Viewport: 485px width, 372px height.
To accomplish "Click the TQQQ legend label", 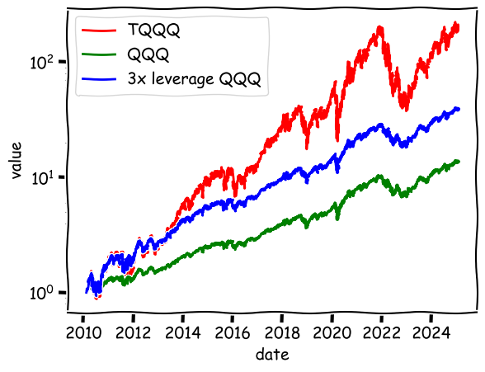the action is click(x=153, y=31).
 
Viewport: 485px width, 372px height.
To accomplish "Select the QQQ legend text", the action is click(x=148, y=54).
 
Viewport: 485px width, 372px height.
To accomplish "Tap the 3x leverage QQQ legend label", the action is click(x=195, y=79).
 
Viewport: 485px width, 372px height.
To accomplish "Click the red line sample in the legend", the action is click(x=99, y=31).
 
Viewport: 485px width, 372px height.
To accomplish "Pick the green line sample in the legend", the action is click(x=99, y=54).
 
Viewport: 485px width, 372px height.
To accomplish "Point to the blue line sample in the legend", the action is click(x=99, y=79).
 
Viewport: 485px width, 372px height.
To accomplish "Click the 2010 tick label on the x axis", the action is click(x=83, y=332).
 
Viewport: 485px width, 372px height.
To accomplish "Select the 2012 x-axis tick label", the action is click(x=133, y=332).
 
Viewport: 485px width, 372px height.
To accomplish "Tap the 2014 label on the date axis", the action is click(x=183, y=332).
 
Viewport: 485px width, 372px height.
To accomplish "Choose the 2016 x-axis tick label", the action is click(x=233, y=332).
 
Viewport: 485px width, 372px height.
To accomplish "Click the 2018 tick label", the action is click(x=282, y=332).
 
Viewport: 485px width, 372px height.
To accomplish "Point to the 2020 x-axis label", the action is click(x=332, y=332).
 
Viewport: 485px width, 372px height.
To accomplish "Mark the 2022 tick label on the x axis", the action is click(x=381, y=332).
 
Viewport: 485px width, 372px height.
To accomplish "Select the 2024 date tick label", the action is click(x=431, y=332).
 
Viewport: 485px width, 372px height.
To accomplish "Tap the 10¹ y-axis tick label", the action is click(x=43, y=177).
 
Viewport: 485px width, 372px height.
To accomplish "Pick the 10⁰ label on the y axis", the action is click(x=42, y=292).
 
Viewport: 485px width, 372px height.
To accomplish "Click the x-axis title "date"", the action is click(x=272, y=355).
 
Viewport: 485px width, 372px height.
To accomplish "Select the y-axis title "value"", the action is click(x=16, y=161).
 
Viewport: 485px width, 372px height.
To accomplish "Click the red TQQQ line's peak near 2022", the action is click(x=379, y=27).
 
